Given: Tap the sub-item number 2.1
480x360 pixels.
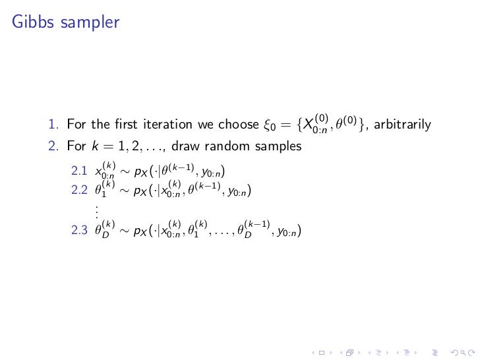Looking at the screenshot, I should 79,172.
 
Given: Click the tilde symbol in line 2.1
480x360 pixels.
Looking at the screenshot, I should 123,173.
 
